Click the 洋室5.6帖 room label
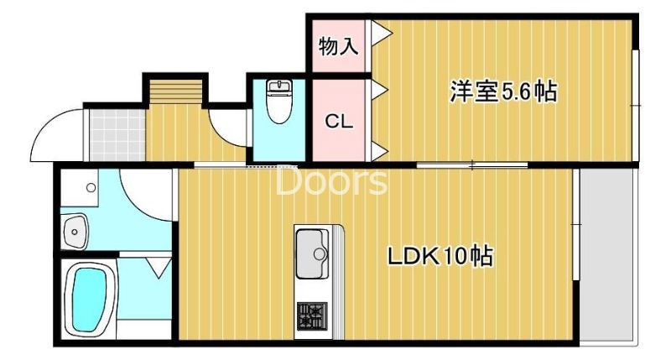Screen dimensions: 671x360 (x=503, y=91)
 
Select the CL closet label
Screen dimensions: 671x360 (x=339, y=122)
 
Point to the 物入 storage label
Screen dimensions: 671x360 (x=339, y=46)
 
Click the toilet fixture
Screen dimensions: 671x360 (x=279, y=101)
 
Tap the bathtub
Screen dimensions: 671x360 (x=90, y=299)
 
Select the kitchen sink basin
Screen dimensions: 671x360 (x=312, y=253)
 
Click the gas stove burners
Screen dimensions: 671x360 (x=312, y=316)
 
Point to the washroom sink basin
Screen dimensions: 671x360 (x=75, y=232)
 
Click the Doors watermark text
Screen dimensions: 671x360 (x=331, y=181)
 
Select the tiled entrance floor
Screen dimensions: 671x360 (x=117, y=135)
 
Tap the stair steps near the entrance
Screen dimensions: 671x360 (x=175, y=91)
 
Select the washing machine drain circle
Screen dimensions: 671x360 (x=91, y=187)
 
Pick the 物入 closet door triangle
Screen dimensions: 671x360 (x=381, y=33)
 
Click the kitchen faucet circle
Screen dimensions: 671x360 (x=320, y=253)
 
